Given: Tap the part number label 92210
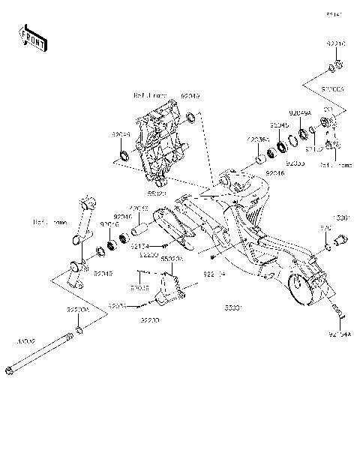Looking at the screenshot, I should pos(335,44).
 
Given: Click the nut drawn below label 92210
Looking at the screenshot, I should pos(335,70).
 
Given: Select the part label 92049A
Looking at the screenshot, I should pos(301,112).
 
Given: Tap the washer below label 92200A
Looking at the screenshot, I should pos(79,330).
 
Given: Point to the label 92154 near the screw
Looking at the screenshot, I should pos(140,245).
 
